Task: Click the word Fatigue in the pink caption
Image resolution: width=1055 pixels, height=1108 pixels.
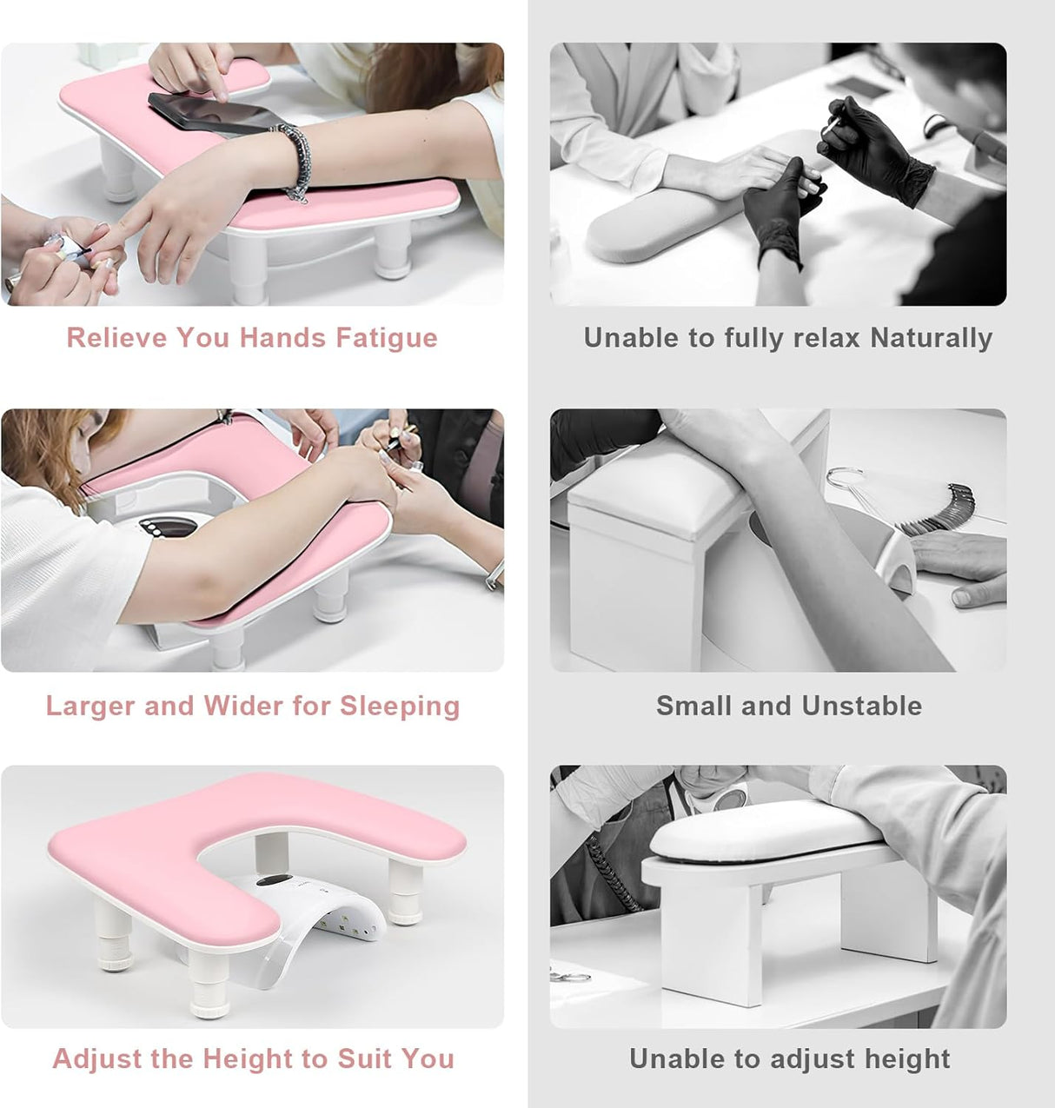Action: [387, 339]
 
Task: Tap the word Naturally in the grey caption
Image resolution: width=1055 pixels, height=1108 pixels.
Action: [931, 339]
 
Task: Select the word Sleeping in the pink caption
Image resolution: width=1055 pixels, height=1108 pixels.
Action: [400, 707]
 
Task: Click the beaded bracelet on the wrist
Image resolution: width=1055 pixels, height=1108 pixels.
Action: [295, 162]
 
